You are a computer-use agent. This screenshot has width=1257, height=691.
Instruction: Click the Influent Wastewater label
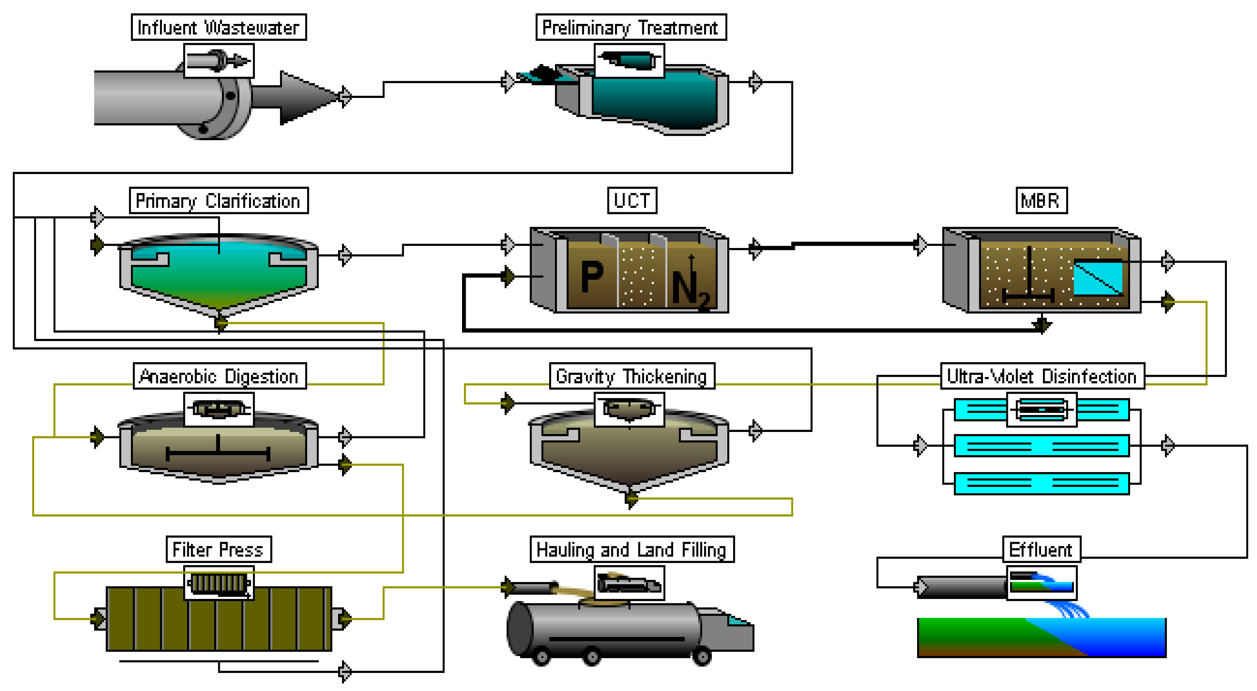(219, 27)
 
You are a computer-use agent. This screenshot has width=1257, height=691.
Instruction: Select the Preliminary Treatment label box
(631, 27)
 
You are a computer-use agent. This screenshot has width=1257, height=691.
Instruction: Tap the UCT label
(632, 201)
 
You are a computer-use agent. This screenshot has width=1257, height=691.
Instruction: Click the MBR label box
(1041, 201)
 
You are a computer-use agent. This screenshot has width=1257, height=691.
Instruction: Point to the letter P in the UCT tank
(592, 277)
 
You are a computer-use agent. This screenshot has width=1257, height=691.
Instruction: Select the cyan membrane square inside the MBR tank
(1098, 278)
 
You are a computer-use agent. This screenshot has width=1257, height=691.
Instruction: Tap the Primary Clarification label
(219, 201)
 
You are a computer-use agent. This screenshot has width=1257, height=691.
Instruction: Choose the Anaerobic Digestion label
(220, 376)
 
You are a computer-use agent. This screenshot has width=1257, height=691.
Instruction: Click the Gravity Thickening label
(632, 376)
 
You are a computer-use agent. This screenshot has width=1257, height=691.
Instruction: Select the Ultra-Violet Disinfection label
(1042, 376)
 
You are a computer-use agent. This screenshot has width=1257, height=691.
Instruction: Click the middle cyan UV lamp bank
(1041, 446)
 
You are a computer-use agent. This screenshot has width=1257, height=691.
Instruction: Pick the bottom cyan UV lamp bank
(1041, 483)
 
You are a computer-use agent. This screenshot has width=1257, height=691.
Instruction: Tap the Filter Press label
(219, 549)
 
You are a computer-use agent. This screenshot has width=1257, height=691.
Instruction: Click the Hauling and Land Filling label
(632, 549)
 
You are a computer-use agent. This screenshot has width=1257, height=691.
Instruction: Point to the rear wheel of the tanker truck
(541, 656)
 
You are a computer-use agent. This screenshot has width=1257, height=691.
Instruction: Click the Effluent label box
(1041, 549)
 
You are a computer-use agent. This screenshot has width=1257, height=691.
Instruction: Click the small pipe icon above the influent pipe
(219, 60)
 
